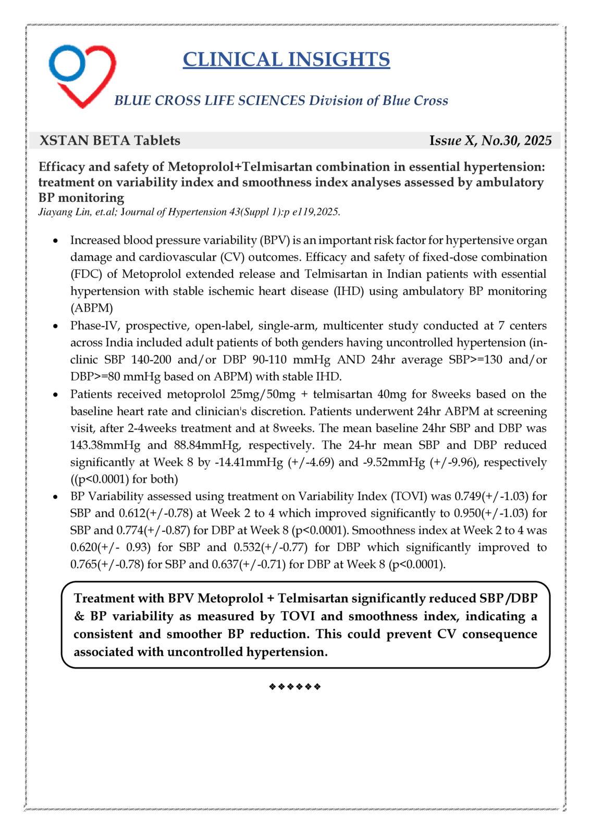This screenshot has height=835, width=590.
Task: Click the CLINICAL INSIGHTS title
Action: pos(286,59)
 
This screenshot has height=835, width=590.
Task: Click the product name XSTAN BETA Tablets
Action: pos(110,140)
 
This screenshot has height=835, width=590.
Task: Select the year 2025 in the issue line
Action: pos(538,140)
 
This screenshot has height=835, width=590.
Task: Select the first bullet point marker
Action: pos(55,241)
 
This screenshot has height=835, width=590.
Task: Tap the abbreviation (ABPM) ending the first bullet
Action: pos(91,308)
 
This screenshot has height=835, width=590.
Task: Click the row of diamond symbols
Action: pos(295,686)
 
